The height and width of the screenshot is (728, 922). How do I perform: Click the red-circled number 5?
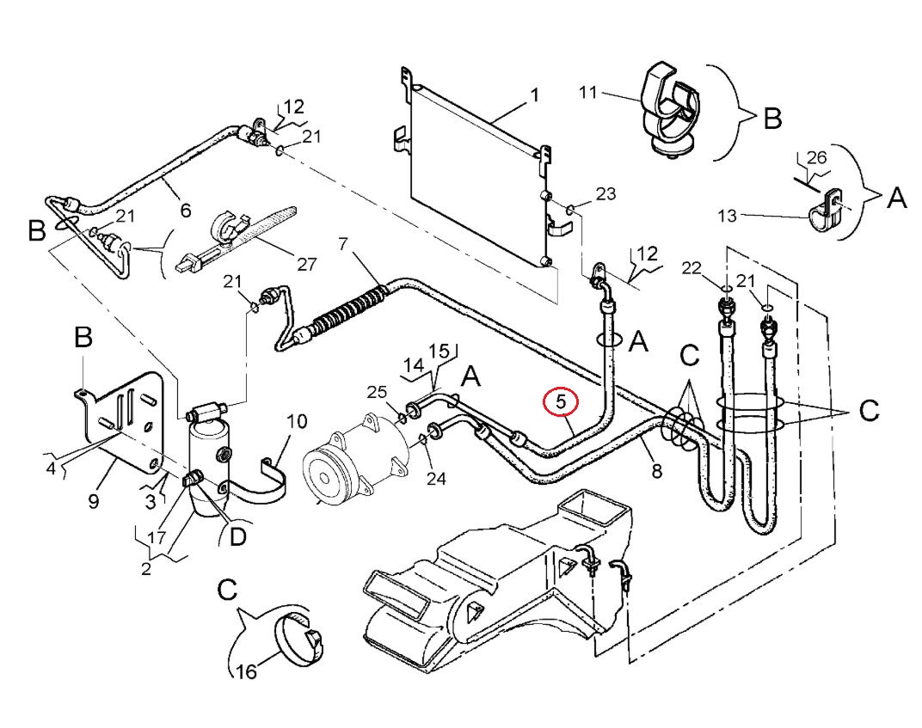point(561,402)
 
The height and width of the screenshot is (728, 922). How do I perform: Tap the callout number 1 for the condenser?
point(534,95)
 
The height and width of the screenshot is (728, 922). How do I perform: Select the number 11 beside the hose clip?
point(588,92)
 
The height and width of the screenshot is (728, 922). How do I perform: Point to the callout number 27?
point(306,264)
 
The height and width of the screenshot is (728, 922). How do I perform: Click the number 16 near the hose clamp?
point(247,671)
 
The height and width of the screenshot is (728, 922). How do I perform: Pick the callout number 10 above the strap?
point(297,421)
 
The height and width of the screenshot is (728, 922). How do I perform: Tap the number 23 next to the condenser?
point(605,193)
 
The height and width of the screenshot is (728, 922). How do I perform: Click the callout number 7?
point(343,243)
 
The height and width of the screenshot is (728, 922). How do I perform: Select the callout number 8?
point(657,470)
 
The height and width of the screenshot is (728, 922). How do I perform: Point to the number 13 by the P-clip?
point(727,216)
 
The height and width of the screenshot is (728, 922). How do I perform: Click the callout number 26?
point(817,157)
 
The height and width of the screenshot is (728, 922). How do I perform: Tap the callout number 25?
point(377,392)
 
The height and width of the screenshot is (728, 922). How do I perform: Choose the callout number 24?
point(436,478)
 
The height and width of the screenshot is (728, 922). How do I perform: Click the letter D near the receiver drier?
point(237,535)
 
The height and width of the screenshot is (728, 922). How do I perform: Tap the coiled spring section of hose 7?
point(349,308)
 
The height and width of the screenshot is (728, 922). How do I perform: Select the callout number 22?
point(691,268)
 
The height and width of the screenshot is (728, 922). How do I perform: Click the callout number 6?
point(186,210)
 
